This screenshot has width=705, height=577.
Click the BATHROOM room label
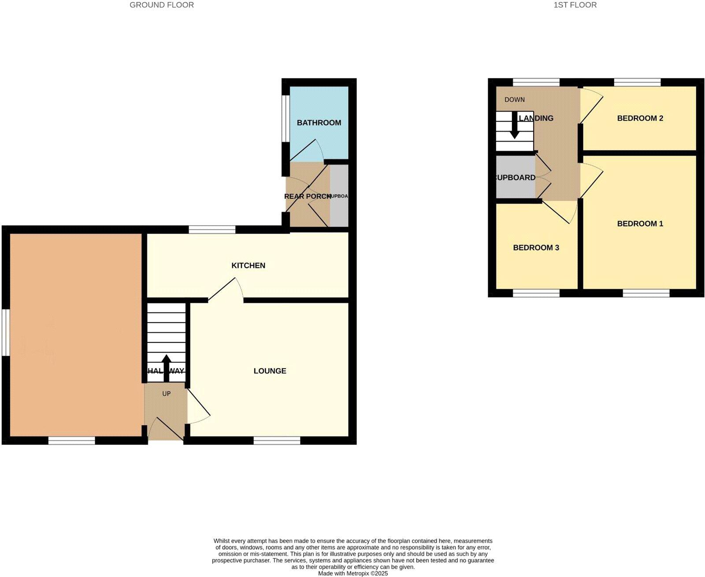click(x=319, y=123)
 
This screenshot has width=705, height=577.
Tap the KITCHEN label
click(x=248, y=265)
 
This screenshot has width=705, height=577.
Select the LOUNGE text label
click(x=270, y=371)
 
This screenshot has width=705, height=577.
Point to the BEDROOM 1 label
click(x=640, y=223)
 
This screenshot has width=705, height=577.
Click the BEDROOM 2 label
click(x=640, y=118)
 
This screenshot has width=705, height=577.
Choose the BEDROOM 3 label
click(x=536, y=248)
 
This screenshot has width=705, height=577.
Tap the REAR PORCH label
click(x=307, y=196)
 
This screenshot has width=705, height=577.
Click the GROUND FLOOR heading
click(x=161, y=5)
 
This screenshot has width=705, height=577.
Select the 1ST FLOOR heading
click(x=575, y=5)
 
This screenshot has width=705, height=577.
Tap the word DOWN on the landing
click(x=514, y=100)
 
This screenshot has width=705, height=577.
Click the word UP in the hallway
click(x=166, y=394)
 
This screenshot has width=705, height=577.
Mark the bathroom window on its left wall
click(x=286, y=119)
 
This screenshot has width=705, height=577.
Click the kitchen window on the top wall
click(x=211, y=229)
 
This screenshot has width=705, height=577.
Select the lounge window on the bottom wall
click(x=277, y=440)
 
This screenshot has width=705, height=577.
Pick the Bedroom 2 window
click(x=637, y=82)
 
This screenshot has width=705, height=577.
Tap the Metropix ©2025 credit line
click(x=353, y=573)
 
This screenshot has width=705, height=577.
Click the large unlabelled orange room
click(x=75, y=335)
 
